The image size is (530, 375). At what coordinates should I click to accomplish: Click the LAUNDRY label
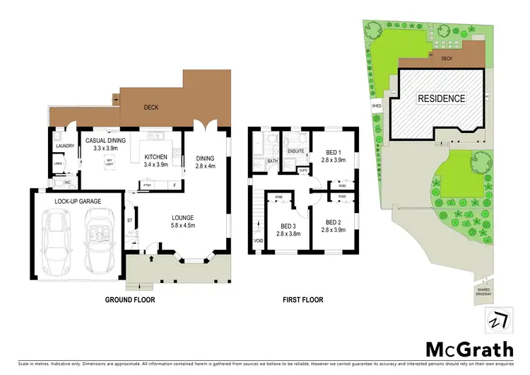64,146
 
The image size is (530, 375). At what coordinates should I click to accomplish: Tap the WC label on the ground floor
67,182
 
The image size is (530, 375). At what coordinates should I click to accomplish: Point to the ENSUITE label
296,151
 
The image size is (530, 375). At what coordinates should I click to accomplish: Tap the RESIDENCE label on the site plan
440,98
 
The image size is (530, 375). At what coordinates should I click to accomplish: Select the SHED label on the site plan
377,106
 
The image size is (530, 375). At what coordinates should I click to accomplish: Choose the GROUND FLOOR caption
131,300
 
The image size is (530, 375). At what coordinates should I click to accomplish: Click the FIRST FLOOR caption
303,300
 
